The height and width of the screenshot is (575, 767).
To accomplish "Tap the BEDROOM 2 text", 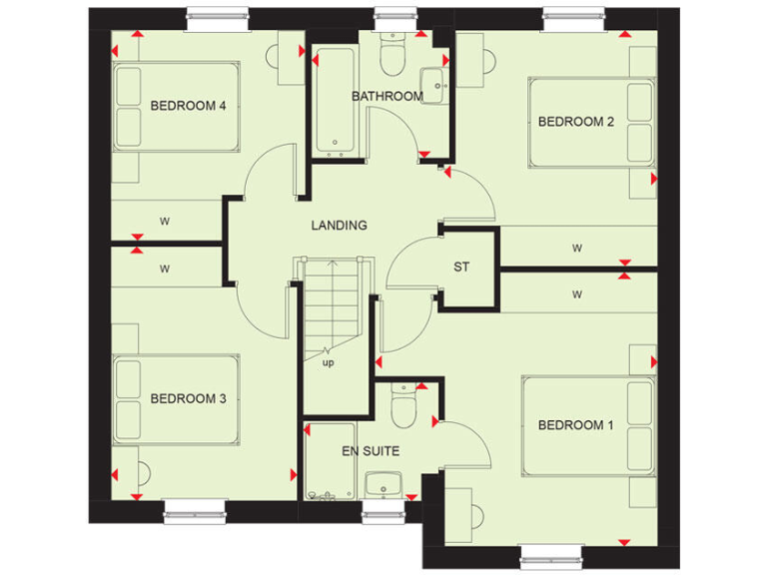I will tap(576, 122).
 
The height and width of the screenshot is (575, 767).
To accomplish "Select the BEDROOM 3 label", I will tap(188, 399).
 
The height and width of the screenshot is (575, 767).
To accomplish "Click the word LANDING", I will tap(339, 226).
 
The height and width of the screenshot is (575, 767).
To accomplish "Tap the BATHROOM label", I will tap(386, 97).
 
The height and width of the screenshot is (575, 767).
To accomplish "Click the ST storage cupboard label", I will tap(461, 268).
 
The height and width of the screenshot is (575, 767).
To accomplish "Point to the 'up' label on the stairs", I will tap(328, 362).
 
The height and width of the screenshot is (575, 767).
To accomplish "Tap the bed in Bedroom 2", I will tap(589, 123).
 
